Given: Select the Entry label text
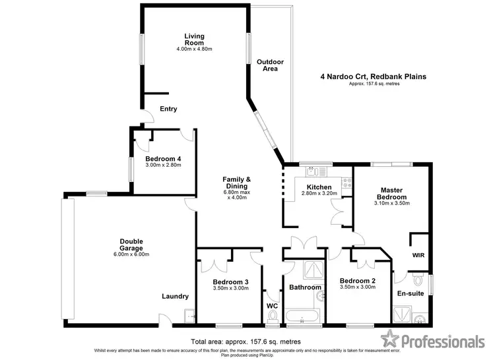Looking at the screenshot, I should click(168, 109).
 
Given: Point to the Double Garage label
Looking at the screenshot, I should click(131, 245).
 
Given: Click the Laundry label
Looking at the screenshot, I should click(175, 296).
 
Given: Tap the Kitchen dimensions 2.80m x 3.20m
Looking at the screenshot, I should click(319, 194).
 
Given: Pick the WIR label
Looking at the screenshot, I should click(418, 254).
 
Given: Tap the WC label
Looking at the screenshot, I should click(272, 306).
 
